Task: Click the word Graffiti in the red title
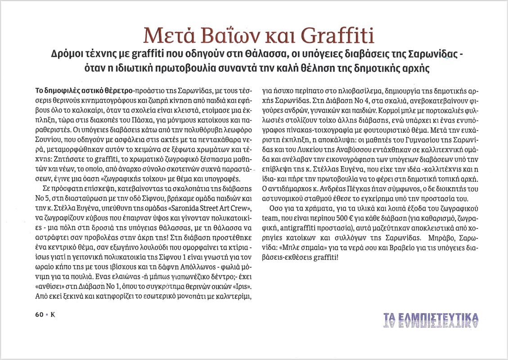(x=339, y=36)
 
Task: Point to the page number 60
(x=39, y=315)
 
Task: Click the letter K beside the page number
(x=52, y=315)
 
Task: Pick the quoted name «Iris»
(x=240, y=286)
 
